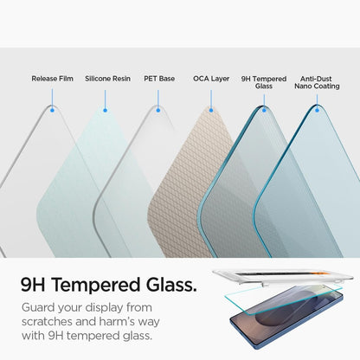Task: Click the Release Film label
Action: (x=52, y=79)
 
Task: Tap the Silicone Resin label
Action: (x=107, y=79)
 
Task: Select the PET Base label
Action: (x=159, y=79)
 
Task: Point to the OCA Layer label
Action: (x=211, y=79)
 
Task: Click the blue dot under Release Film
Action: (x=53, y=109)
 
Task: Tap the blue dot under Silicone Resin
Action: (x=106, y=110)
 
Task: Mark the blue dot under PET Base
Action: (x=158, y=110)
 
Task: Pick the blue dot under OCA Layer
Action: (x=210, y=110)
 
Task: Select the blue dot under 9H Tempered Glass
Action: (x=263, y=110)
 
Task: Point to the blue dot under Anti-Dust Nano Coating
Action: (x=316, y=110)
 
